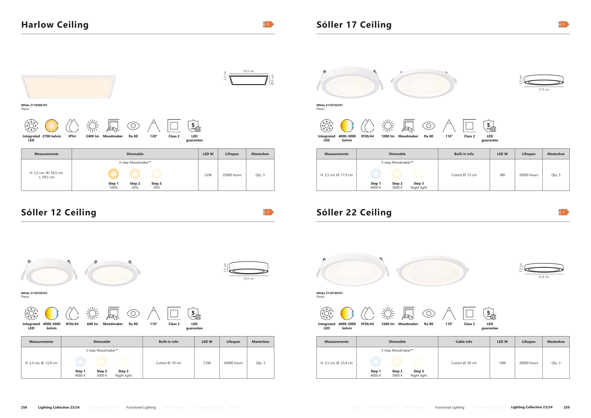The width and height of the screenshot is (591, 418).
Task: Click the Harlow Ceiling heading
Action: (55, 25)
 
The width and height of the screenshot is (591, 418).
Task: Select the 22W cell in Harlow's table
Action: (208, 175)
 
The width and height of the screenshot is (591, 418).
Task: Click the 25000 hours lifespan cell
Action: (232, 175)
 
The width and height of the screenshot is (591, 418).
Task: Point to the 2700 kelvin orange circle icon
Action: (52, 126)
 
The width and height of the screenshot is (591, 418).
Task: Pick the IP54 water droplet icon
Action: (72, 126)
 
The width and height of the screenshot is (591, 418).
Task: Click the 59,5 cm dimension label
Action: (248, 71)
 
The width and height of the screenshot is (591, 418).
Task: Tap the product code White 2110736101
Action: (330, 105)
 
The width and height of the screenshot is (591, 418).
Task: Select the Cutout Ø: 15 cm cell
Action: (464, 175)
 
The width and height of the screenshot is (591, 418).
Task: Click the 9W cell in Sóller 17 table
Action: (502, 175)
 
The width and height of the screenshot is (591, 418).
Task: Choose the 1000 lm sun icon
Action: (388, 126)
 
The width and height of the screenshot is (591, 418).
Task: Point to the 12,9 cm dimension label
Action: (248, 279)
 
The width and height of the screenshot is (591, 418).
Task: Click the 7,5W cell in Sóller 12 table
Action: (207, 363)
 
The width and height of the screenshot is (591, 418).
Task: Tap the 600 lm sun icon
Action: (92, 313)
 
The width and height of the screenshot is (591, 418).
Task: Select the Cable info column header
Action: (464, 342)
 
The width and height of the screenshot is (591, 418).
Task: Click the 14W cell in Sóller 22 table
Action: (502, 363)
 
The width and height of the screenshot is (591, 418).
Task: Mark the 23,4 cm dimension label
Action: (544, 277)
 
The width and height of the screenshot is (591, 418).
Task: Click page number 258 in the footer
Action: (24, 407)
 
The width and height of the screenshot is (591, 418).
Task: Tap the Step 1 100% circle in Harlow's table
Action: (113, 174)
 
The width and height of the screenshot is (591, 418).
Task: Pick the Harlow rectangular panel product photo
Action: (69, 87)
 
